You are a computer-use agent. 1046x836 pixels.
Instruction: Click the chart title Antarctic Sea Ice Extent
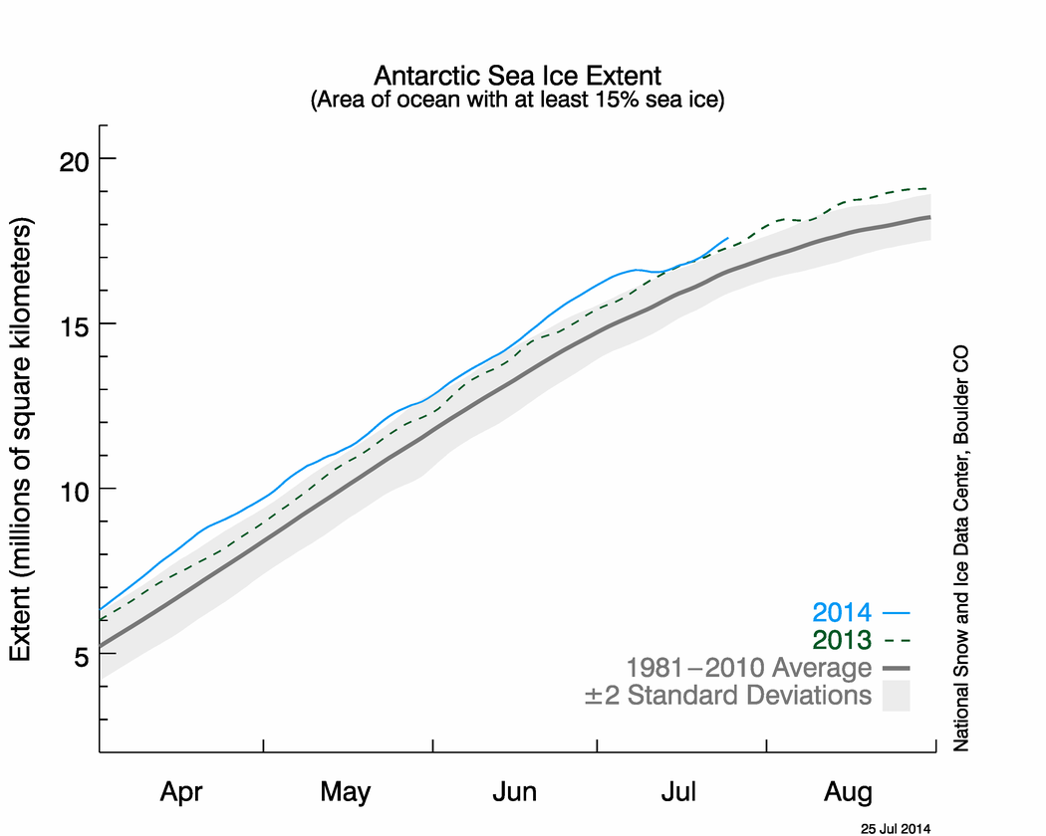[x=516, y=77]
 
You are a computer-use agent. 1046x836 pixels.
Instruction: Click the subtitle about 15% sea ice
[x=516, y=101]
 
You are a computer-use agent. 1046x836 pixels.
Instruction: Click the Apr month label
[x=181, y=792]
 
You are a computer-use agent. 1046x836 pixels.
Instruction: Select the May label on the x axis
[x=346, y=792]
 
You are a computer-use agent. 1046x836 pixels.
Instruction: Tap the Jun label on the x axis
[x=514, y=792]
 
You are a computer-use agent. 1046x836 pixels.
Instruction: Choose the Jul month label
[x=680, y=792]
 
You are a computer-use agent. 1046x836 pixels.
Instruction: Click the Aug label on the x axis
[x=848, y=792]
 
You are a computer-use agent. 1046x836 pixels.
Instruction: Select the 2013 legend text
[x=842, y=640]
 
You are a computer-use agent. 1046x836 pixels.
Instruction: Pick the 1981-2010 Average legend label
[x=748, y=667]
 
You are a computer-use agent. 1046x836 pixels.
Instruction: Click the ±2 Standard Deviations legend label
[x=727, y=695]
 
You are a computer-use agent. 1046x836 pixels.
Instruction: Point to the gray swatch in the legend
[x=897, y=696]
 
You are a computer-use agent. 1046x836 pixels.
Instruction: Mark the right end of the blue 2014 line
[x=728, y=238]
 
